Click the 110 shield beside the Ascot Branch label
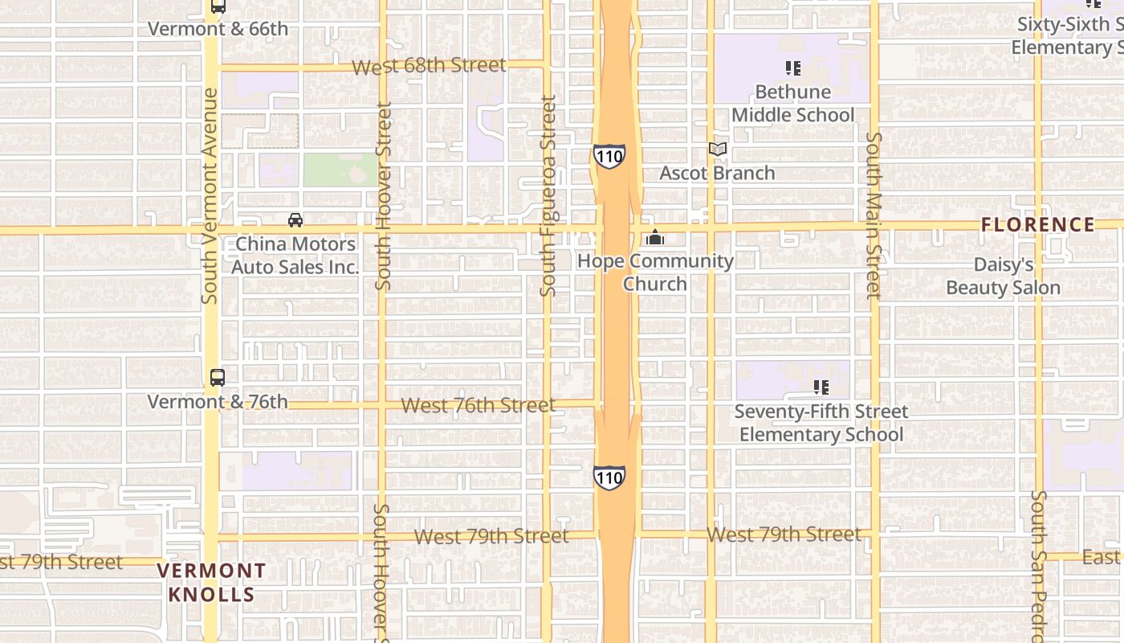click(x=609, y=156)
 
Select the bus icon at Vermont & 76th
click(x=218, y=377)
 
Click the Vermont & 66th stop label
click(x=218, y=29)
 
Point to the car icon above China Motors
click(x=295, y=220)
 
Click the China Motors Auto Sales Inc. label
click(x=295, y=256)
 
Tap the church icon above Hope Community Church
click(x=655, y=238)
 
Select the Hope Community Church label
click(x=655, y=272)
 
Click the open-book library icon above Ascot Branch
click(x=717, y=149)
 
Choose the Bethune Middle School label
click(x=792, y=104)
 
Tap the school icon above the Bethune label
click(x=793, y=68)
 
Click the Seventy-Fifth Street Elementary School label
click(x=821, y=423)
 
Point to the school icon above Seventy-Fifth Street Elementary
click(x=821, y=387)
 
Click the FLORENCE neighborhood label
click(x=1038, y=225)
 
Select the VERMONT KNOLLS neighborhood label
click(x=212, y=583)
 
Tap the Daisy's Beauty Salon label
click(x=1003, y=276)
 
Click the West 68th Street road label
click(x=429, y=65)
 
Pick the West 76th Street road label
click(x=478, y=405)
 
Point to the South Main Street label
click(x=874, y=215)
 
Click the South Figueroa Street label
click(x=548, y=196)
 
